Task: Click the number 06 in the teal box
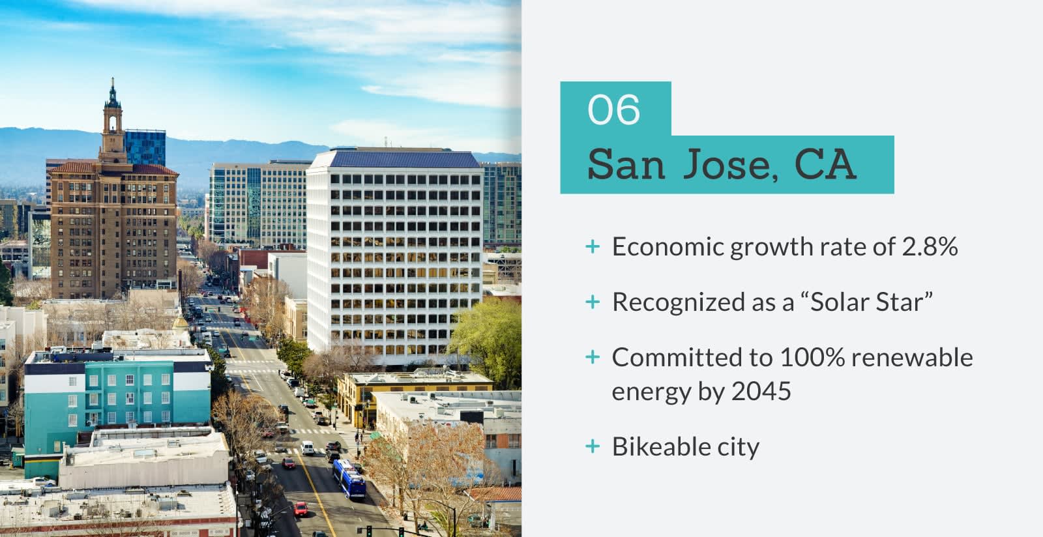pos(613,109)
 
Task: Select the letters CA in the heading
pos(825,164)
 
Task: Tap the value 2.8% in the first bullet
pos(930,246)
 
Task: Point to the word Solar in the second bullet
pos(840,302)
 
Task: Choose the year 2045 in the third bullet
pos(761,391)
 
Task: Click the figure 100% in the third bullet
pos(812,357)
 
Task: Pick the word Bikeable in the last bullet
pos(661,446)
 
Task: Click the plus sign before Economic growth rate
pos(593,246)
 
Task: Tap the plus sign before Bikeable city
pos(593,446)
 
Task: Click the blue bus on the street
pos(349,479)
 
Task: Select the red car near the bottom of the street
pos(301,509)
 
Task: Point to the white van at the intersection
pos(307,447)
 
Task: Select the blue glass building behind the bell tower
pos(145,147)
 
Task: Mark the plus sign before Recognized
pos(593,302)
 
